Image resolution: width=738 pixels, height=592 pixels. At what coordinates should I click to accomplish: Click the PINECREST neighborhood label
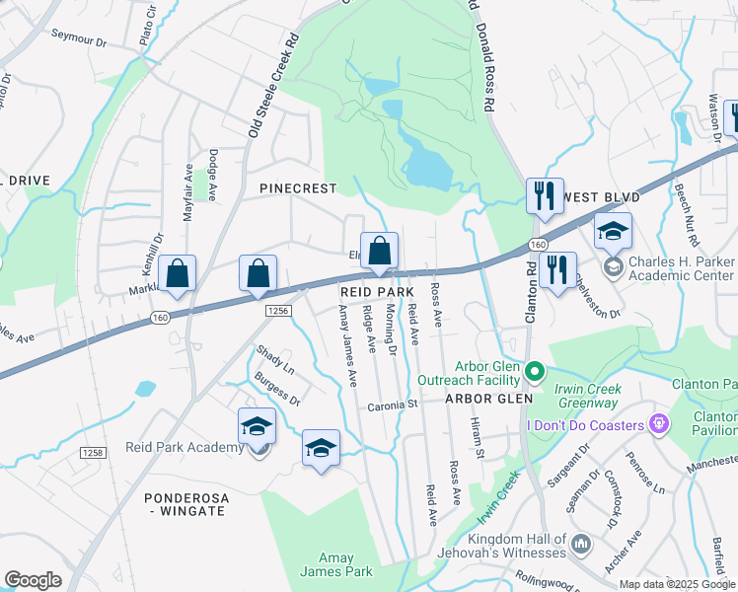pyautogui.click(x=298, y=188)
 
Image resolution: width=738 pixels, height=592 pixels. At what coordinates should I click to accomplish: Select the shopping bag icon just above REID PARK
pyautogui.click(x=380, y=253)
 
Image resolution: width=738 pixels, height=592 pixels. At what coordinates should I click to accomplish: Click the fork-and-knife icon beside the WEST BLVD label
pyautogui.click(x=544, y=197)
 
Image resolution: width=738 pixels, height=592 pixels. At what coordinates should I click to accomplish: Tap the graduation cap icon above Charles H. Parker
pyautogui.click(x=613, y=233)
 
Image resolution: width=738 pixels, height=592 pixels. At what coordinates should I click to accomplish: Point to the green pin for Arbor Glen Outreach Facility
pyautogui.click(x=535, y=372)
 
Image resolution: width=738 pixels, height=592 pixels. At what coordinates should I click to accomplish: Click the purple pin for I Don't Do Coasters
pyautogui.click(x=659, y=424)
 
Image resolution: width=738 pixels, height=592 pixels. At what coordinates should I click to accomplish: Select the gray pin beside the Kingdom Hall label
pyautogui.click(x=581, y=544)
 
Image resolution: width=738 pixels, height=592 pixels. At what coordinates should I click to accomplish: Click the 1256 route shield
pyautogui.click(x=277, y=311)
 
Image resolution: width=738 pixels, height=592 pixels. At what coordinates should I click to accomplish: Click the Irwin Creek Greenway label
pyautogui.click(x=587, y=396)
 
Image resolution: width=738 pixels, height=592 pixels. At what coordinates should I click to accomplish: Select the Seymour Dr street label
pyautogui.click(x=82, y=40)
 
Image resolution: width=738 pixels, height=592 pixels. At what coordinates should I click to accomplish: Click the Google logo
pyautogui.click(x=33, y=580)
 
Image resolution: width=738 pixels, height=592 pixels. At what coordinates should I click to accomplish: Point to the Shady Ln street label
pyautogui.click(x=275, y=357)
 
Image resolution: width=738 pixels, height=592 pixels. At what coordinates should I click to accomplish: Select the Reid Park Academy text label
pyautogui.click(x=184, y=447)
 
